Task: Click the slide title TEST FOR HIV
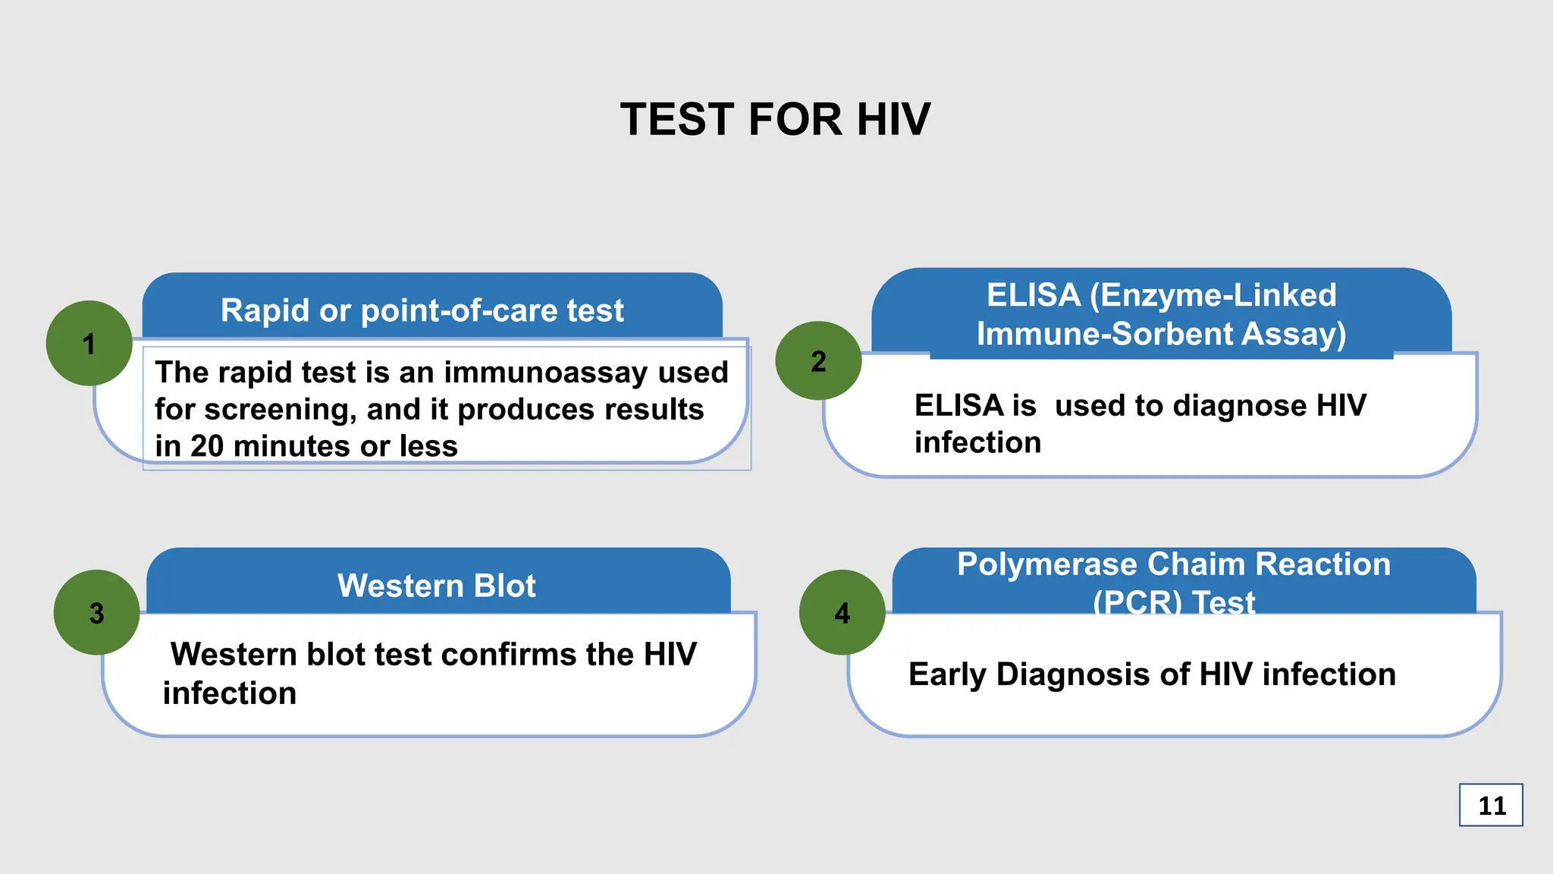pyautogui.click(x=775, y=120)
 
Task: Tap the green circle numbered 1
pyautogui.click(x=89, y=344)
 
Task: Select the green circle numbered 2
pyautogui.click(x=818, y=361)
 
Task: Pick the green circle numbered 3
pyautogui.click(x=96, y=612)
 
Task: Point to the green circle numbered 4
pyautogui.click(x=842, y=612)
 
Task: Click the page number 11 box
pyautogui.click(x=1491, y=805)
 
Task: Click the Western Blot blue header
pyautogui.click(x=437, y=586)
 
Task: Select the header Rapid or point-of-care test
pyautogui.click(x=422, y=310)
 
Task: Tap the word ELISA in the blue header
pyautogui.click(x=1033, y=295)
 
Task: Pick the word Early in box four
pyautogui.click(x=947, y=674)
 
